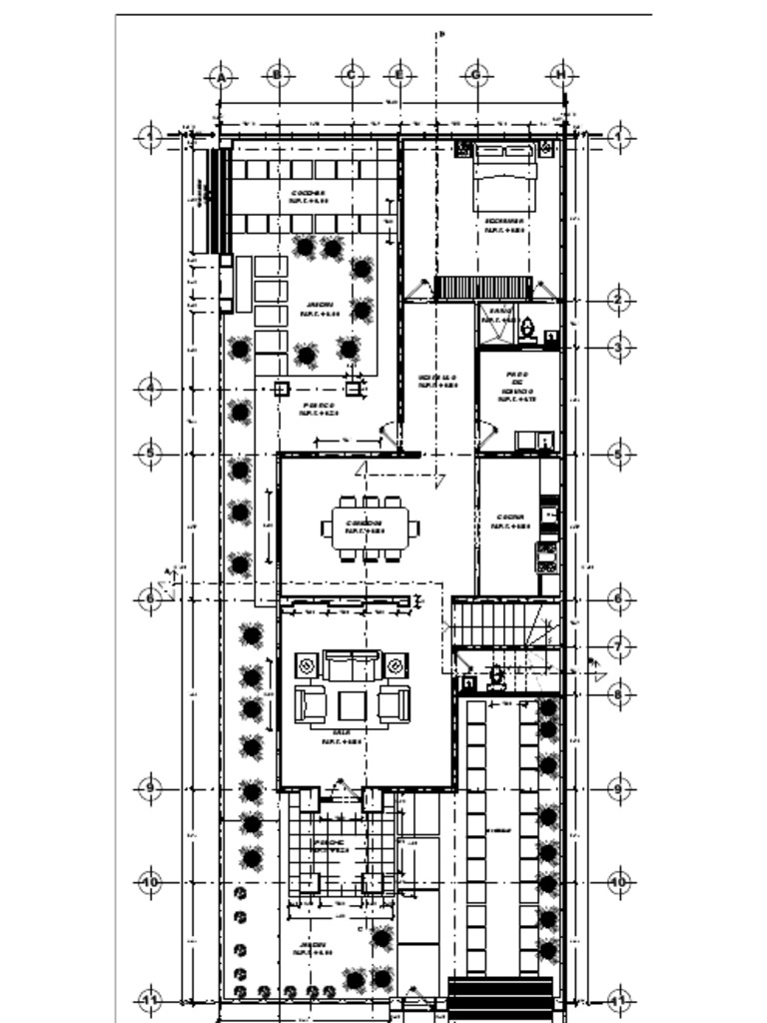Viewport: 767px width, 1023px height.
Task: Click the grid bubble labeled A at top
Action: coord(222,76)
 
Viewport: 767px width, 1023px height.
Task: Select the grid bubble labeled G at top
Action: coord(475,76)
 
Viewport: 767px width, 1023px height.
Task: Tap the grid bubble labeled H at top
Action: coord(561,76)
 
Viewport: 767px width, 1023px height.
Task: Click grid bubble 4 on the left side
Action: coord(149,388)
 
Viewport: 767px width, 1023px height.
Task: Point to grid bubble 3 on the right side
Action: coord(619,347)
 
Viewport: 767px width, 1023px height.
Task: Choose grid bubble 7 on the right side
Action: coord(619,647)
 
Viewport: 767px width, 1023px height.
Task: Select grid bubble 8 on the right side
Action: coord(619,693)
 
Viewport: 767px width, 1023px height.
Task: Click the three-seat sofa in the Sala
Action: coord(352,665)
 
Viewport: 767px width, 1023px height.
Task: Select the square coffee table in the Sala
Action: coord(352,705)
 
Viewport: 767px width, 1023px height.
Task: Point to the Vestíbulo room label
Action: coord(437,380)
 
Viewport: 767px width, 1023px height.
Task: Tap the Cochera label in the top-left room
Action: coord(309,195)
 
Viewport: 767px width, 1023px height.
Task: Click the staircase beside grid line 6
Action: coord(499,623)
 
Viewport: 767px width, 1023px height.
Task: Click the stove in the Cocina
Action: coord(547,555)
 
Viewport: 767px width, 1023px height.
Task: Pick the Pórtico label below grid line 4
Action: coord(320,408)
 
